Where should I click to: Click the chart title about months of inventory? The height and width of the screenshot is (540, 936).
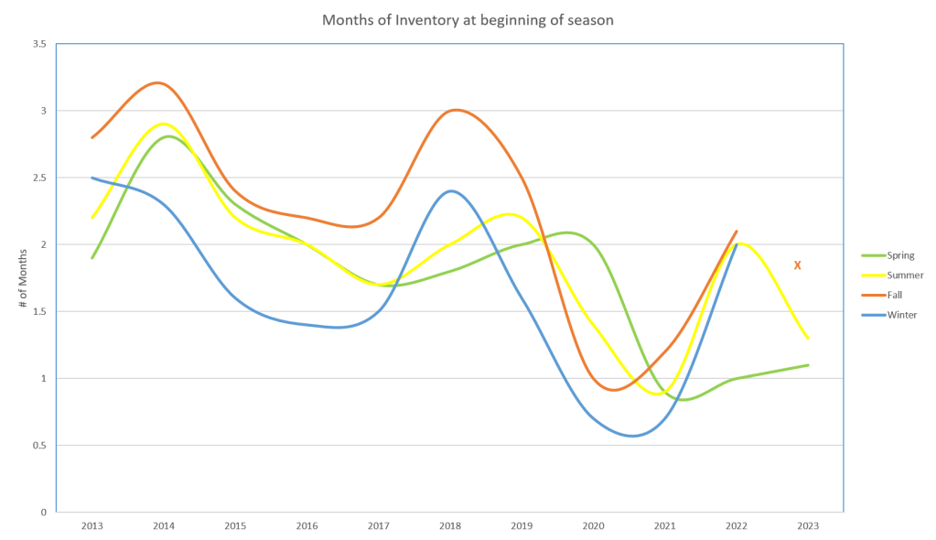pos(468,20)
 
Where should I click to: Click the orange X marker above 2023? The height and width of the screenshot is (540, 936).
pos(798,265)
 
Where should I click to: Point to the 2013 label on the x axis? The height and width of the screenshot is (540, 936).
pos(92,525)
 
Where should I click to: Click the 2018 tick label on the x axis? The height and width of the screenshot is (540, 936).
pos(450,525)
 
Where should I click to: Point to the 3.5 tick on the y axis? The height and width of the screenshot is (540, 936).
pos(41,44)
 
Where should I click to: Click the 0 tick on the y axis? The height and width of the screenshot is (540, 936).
pos(45,512)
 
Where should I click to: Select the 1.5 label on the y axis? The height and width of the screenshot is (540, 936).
pos(39,311)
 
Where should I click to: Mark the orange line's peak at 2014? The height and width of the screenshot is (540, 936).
pos(159,82)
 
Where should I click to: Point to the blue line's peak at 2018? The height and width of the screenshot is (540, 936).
pos(450,190)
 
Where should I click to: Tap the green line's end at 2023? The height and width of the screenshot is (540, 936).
pos(808,364)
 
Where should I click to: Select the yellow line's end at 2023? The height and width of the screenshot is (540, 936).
pos(808,338)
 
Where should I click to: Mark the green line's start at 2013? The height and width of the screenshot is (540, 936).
pos(92,258)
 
